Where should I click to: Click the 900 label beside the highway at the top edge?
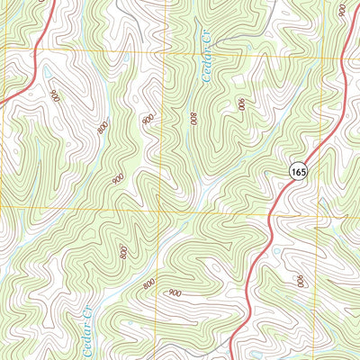[x=342, y=10]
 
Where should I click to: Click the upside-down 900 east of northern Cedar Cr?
[x=241, y=104]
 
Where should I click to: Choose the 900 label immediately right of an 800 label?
[x=175, y=293]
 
